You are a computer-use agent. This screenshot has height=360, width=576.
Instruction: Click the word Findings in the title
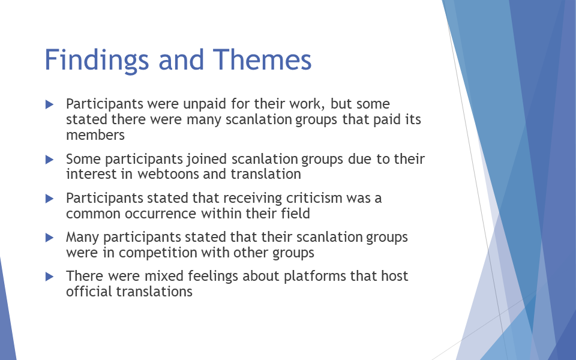click(97, 60)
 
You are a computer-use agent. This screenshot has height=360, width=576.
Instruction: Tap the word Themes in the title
click(262, 59)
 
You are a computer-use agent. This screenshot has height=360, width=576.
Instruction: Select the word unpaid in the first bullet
click(205, 104)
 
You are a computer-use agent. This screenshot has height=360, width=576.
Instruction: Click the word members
click(95, 135)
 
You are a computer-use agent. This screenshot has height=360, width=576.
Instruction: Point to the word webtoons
click(168, 174)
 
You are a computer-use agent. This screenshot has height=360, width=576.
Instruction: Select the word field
click(296, 214)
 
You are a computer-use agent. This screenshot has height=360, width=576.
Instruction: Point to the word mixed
click(164, 276)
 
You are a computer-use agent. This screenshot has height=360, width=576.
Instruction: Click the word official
click(89, 292)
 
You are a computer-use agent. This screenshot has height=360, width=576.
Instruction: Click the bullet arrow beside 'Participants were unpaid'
click(50, 104)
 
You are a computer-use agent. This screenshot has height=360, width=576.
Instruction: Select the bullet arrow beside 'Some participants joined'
click(50, 160)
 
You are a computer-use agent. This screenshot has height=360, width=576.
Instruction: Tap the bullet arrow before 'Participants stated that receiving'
click(50, 199)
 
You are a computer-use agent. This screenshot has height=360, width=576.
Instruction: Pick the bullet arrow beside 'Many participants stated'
click(50, 238)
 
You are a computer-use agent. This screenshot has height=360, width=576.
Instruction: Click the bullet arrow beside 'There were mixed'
click(50, 277)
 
